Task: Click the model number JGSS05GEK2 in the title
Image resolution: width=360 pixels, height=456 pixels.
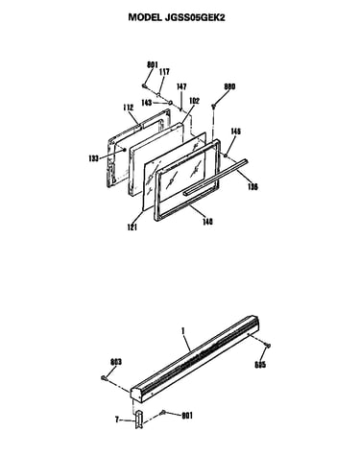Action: (x=195, y=17)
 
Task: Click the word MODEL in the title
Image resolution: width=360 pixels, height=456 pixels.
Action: (x=145, y=17)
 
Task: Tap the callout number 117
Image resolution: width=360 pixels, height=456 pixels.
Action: (x=164, y=72)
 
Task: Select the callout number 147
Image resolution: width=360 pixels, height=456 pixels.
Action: (x=181, y=86)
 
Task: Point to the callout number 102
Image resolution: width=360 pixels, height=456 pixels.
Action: (x=194, y=101)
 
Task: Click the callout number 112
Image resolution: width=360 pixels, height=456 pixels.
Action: (x=128, y=108)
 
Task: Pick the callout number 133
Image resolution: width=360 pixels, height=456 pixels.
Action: (x=94, y=158)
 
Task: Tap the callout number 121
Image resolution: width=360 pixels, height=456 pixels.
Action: (x=132, y=227)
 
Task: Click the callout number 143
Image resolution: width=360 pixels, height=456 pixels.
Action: (x=147, y=103)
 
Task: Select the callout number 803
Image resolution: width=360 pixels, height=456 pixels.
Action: (x=116, y=362)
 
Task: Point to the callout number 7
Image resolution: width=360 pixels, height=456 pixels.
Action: (x=117, y=420)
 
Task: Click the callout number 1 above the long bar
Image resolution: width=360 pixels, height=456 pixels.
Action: (x=183, y=331)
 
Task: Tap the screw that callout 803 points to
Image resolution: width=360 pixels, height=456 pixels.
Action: (x=104, y=378)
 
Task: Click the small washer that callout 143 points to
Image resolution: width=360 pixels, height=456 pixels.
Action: (x=171, y=103)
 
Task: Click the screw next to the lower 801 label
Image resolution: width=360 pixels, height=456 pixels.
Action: (x=163, y=412)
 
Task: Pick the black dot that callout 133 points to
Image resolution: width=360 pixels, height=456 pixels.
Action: (x=125, y=150)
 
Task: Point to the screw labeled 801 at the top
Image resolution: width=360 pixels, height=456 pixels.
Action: (x=144, y=85)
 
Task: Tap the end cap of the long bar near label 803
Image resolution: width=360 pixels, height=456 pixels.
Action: (x=135, y=396)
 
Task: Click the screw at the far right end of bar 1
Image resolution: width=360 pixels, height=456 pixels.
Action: (x=268, y=345)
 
